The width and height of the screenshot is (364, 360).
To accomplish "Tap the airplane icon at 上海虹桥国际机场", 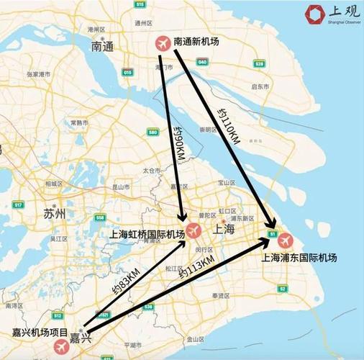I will [193, 230].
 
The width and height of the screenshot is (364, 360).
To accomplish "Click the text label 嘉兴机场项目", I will [40, 333].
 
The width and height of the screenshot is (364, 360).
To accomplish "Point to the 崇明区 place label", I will [209, 130].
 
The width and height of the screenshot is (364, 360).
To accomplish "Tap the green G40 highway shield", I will [203, 63].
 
